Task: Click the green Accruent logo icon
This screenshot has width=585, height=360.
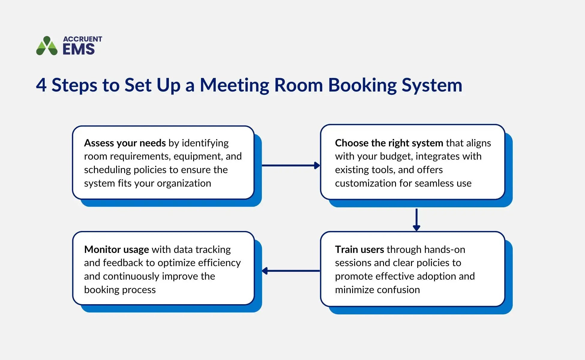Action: tap(46, 46)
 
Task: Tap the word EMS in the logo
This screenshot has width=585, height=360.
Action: tap(79, 49)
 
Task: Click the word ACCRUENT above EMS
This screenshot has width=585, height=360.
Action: tap(82, 39)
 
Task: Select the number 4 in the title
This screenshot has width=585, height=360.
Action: tap(41, 85)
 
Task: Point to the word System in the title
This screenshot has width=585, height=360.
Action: tap(432, 85)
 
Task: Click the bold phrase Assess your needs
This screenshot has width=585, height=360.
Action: tap(125, 143)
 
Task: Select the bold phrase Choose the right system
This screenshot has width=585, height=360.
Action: tap(389, 143)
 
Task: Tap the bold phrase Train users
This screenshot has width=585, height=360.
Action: tap(359, 250)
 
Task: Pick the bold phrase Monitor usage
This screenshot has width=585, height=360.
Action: tap(116, 250)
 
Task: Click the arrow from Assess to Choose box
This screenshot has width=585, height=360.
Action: tap(290, 165)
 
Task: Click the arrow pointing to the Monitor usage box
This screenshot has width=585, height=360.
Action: tap(290, 271)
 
